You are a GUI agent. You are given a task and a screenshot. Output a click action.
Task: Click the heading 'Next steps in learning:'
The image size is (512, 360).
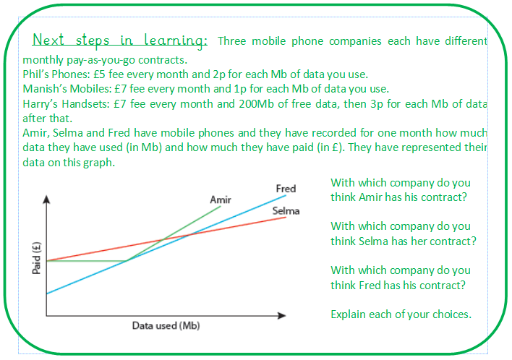120,40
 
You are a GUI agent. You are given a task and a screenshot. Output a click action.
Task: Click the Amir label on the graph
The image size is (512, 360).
220,200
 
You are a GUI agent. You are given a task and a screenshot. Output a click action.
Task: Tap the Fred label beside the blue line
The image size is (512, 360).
286,189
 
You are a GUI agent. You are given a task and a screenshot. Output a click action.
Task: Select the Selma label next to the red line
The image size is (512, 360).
286,211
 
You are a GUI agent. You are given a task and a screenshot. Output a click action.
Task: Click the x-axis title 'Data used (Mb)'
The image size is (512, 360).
166,325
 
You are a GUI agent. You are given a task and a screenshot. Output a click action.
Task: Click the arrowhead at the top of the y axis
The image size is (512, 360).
47,198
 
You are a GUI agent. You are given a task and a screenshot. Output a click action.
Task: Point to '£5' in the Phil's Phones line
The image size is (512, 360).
102,74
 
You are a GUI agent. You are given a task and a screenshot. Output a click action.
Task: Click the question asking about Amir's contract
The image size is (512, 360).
400,190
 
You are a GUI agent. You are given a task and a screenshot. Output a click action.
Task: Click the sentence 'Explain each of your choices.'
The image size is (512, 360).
401,314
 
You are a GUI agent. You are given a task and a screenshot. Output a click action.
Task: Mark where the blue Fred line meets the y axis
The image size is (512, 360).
47,293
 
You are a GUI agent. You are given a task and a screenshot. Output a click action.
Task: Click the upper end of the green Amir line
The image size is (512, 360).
220,207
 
